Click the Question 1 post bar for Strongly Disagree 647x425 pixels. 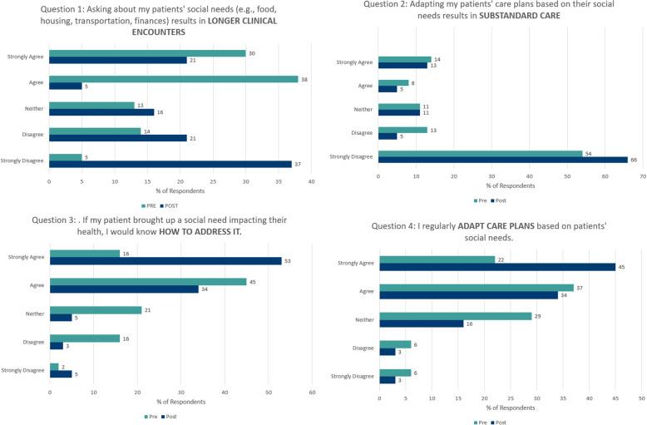click(x=170, y=164)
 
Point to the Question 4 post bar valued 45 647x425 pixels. click(x=497, y=268)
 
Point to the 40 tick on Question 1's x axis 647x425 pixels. click(x=311, y=180)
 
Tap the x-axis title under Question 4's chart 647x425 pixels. click(x=511, y=408)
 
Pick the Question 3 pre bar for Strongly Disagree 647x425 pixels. click(x=54, y=366)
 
